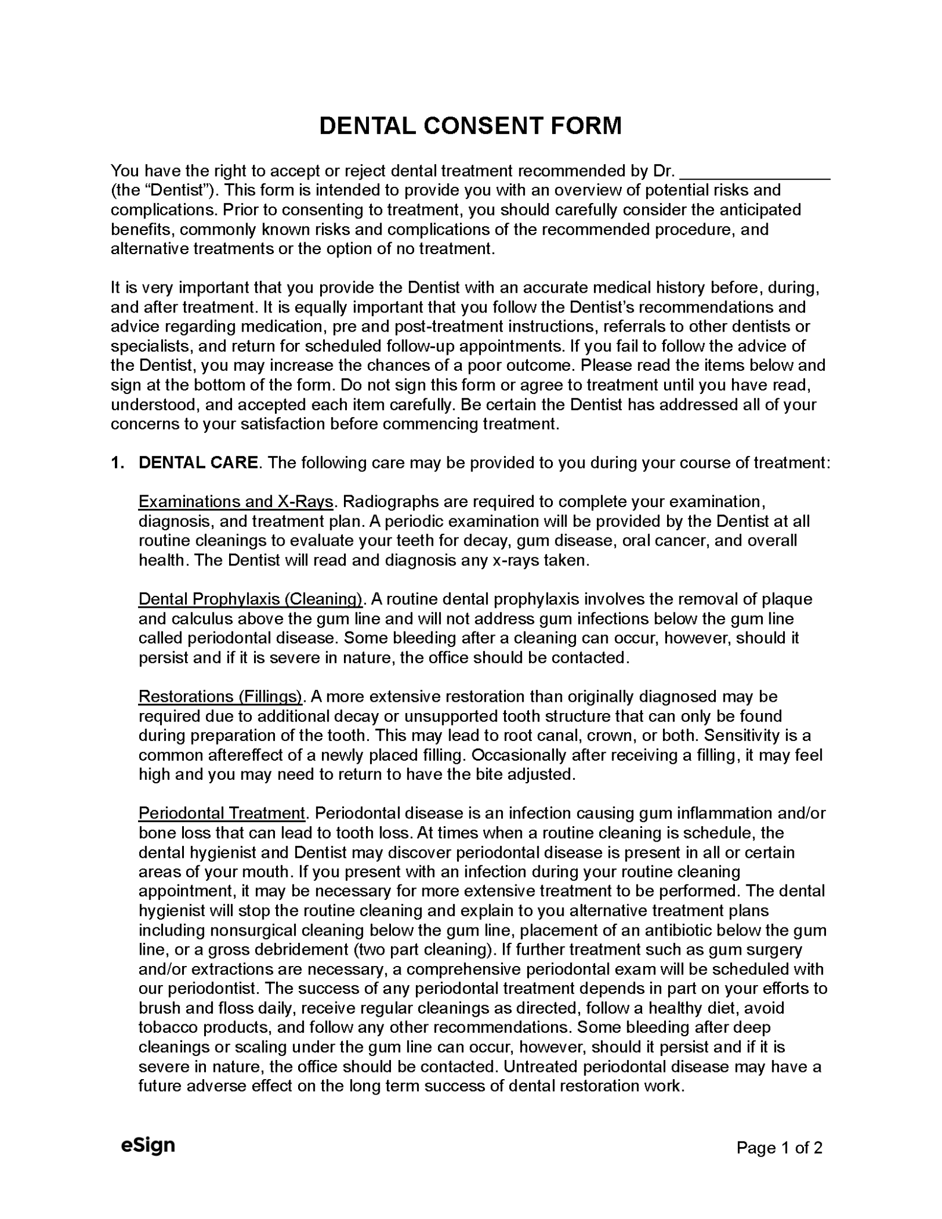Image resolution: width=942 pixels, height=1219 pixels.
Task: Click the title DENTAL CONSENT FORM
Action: (x=470, y=126)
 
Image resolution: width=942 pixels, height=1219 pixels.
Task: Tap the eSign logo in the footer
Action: (x=148, y=1145)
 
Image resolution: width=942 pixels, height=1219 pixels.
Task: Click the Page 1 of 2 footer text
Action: (x=779, y=1147)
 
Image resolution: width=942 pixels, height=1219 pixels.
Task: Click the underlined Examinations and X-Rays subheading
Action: (x=236, y=502)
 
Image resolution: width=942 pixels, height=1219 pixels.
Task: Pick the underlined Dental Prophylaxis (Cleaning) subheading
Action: (x=251, y=599)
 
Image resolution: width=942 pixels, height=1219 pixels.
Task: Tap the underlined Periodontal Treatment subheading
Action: (x=222, y=813)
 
